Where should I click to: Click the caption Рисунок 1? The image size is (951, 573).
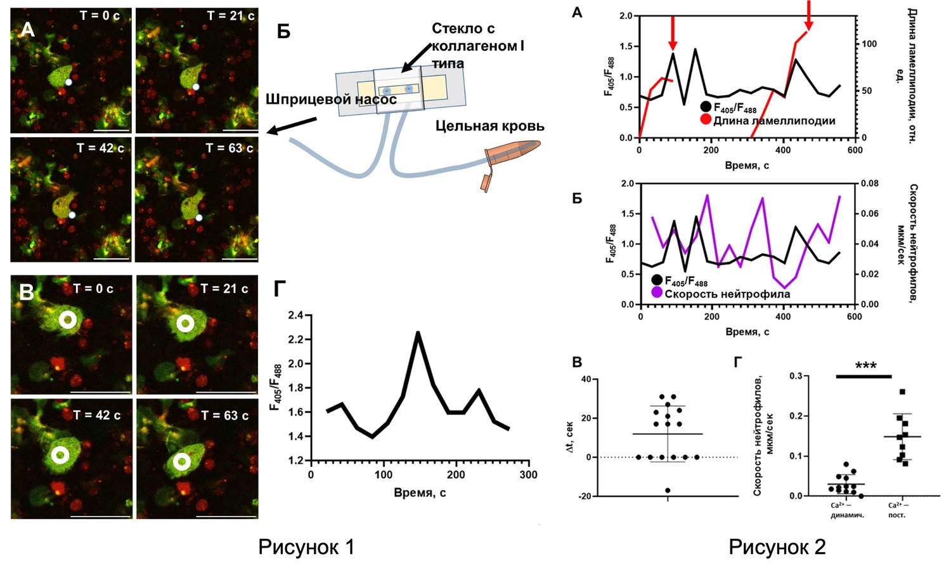(x=306, y=547)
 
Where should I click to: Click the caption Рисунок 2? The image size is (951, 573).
(x=777, y=547)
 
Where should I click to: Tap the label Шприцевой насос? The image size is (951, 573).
(x=331, y=100)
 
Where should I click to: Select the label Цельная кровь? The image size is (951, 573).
(x=489, y=126)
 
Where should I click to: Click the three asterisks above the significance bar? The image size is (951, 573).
(x=865, y=366)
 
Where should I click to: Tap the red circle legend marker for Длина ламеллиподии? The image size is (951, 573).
(x=706, y=121)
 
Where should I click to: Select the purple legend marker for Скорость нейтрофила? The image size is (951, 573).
(x=657, y=293)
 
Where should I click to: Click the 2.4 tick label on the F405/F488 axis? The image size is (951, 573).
(x=295, y=315)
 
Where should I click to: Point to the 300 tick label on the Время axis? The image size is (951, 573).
(x=528, y=475)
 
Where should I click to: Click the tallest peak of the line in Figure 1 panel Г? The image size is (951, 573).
(x=418, y=332)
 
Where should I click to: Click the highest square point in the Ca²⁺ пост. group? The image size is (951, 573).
(x=902, y=392)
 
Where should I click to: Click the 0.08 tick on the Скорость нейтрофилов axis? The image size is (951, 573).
(x=870, y=183)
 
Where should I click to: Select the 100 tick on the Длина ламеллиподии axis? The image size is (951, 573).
(x=869, y=44)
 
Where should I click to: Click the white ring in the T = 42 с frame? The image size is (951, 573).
(x=61, y=455)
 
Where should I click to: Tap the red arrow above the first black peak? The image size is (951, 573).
(x=673, y=31)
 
